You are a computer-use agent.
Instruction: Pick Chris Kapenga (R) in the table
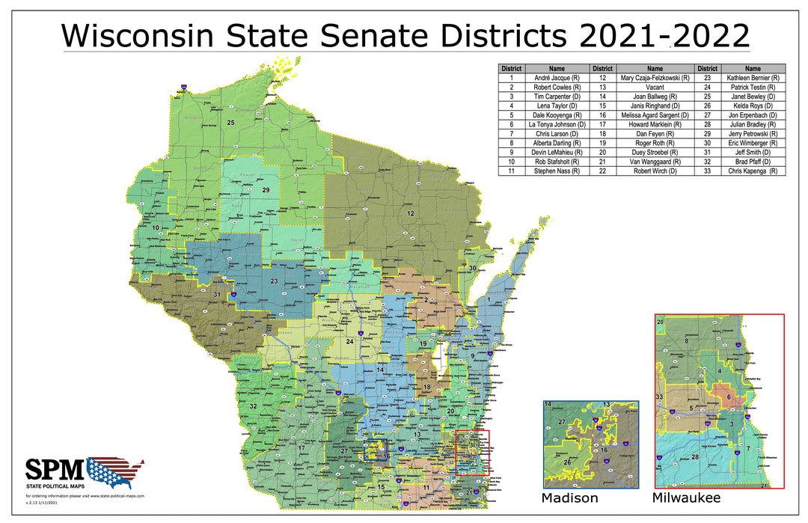753,171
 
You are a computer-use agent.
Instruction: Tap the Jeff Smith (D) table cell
753,153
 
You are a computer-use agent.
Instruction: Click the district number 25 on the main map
231,123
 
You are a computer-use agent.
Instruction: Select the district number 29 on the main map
266,191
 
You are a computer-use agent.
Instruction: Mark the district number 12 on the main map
410,214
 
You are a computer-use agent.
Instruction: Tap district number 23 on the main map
275,281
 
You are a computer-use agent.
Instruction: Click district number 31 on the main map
217,295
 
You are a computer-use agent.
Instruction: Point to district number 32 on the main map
254,406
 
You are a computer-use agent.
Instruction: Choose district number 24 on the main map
349,342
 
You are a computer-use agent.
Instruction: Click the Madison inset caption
570,498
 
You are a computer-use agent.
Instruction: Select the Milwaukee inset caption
686,498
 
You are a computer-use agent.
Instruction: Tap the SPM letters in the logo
55,469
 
